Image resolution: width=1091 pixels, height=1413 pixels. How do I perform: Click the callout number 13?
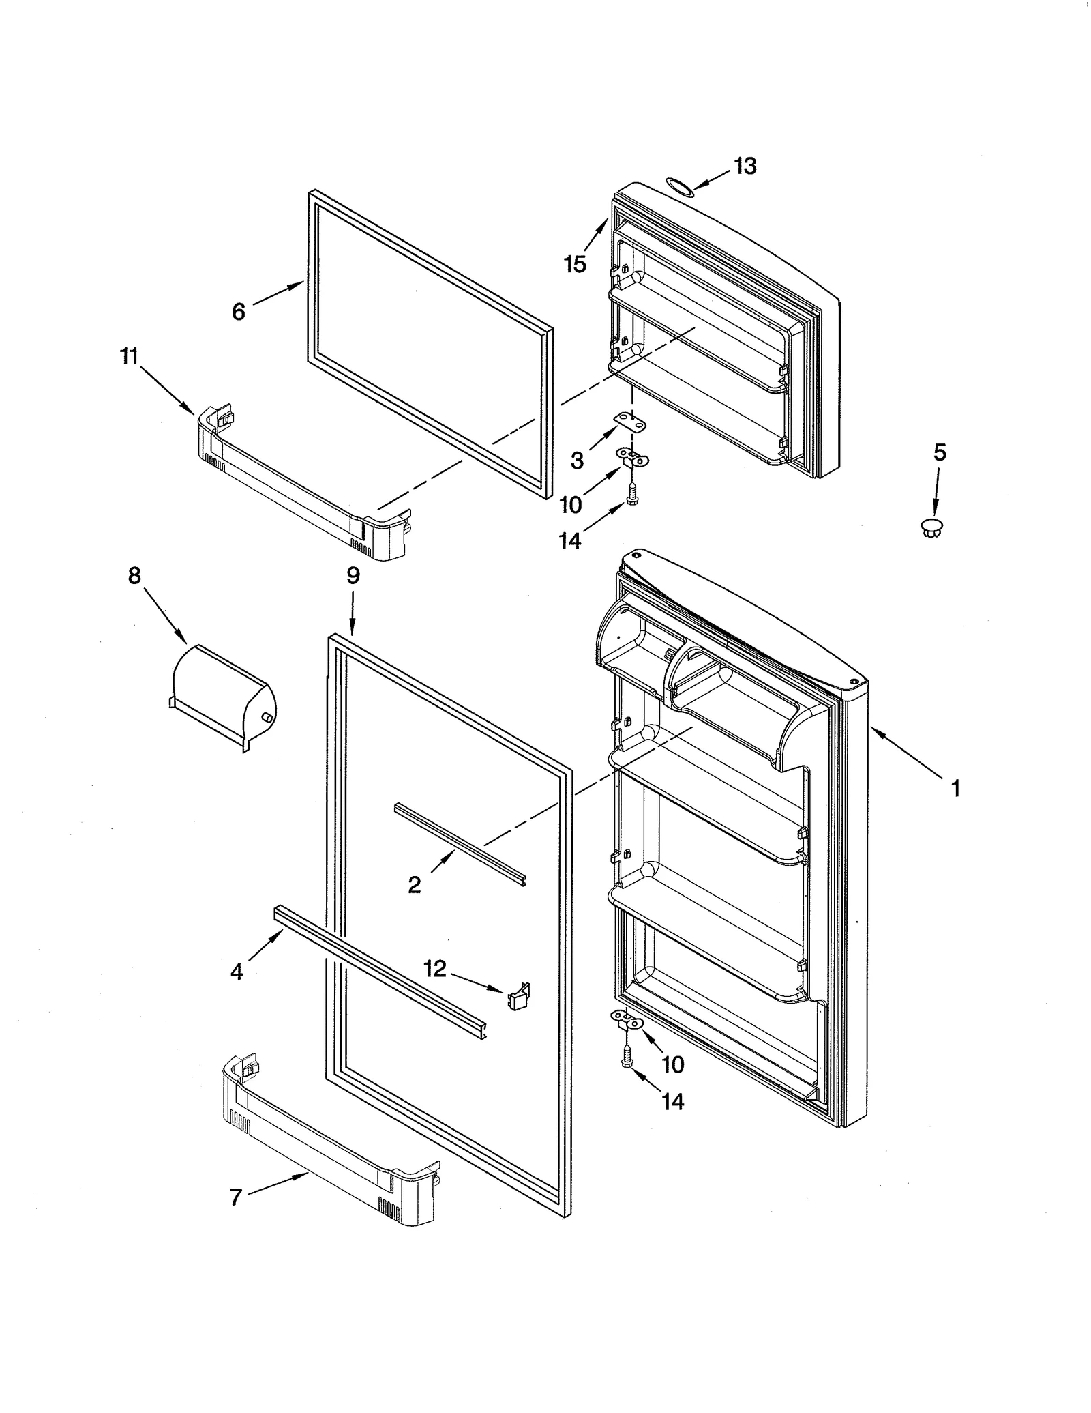point(745,166)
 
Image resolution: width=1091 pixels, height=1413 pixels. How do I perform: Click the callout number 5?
point(940,452)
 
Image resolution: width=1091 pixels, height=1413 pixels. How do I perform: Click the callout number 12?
point(434,967)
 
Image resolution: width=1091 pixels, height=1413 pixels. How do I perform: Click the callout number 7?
point(236,1197)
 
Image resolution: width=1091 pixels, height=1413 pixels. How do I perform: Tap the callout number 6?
point(238,311)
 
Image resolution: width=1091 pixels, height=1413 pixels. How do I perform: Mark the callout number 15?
point(575,263)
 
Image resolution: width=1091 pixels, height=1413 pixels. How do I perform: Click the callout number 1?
point(955,788)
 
